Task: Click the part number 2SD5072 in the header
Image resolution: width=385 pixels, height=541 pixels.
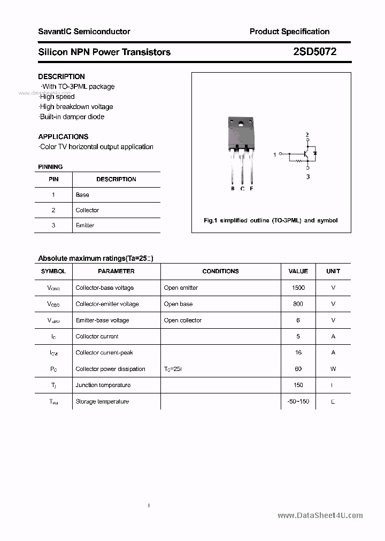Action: [x=314, y=52]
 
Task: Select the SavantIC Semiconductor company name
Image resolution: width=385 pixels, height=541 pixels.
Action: [x=84, y=32]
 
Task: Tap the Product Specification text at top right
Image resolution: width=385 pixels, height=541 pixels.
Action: [x=289, y=32]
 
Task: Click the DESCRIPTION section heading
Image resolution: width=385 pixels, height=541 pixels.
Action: [x=61, y=76]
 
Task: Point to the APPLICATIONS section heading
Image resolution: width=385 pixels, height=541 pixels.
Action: [x=63, y=136]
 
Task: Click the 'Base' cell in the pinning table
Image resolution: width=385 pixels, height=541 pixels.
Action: [x=82, y=195]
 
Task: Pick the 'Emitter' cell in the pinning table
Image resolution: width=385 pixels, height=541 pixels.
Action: [x=85, y=226]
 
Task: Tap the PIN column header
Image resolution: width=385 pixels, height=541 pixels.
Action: [x=53, y=180]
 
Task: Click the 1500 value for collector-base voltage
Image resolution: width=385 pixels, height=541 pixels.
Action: [x=298, y=288]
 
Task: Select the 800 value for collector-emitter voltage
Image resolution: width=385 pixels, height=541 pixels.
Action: [x=298, y=304]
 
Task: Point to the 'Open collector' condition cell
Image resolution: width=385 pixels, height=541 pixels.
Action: [x=183, y=320]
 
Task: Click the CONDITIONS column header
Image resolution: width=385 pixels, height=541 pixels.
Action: [x=220, y=272]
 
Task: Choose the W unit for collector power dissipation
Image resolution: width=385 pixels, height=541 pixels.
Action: [x=333, y=369]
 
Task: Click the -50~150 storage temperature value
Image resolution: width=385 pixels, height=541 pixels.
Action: [x=298, y=401]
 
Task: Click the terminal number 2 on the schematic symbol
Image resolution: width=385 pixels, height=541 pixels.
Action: [x=307, y=135]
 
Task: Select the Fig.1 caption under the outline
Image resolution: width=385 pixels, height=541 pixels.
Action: [x=271, y=220]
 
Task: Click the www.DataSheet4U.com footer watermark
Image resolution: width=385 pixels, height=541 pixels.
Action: [x=320, y=515]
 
